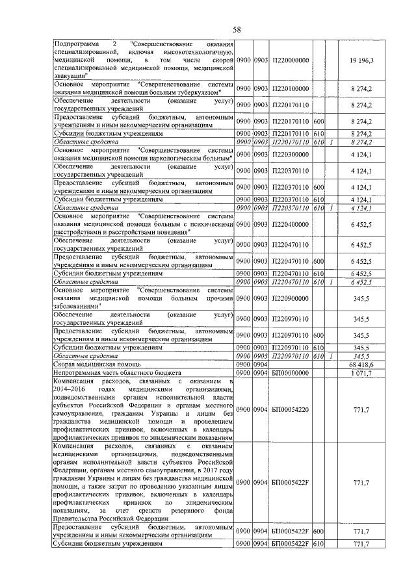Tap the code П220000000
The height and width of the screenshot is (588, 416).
tap(290, 60)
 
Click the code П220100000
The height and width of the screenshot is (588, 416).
tap(290, 86)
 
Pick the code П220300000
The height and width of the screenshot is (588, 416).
tap(290, 154)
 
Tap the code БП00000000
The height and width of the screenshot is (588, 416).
tap(291, 374)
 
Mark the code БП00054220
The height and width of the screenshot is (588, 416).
tap(291, 410)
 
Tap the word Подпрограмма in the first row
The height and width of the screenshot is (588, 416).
tap(74, 43)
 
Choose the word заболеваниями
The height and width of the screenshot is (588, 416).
tap(79, 306)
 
